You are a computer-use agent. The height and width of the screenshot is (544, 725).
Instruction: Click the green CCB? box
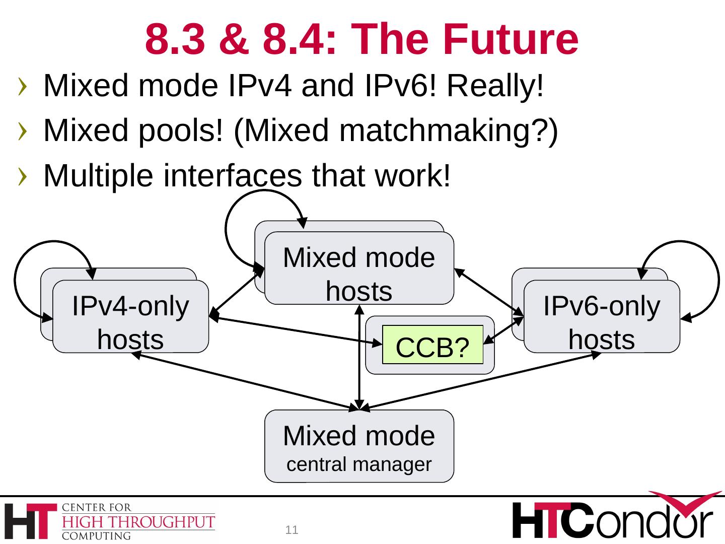[x=432, y=346]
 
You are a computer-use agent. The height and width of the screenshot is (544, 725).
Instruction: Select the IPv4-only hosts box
[x=130, y=316]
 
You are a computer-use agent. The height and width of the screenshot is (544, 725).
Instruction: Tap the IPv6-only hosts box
[x=602, y=316]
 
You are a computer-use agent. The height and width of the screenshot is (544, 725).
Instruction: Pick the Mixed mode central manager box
[x=359, y=446]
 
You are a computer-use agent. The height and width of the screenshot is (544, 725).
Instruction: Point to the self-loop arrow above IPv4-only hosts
[x=30, y=252]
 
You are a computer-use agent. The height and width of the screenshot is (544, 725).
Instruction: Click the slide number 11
[x=292, y=530]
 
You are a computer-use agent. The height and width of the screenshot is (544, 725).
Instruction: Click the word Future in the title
[x=512, y=39]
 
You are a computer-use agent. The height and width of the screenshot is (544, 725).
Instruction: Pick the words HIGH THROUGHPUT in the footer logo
[x=138, y=522]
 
